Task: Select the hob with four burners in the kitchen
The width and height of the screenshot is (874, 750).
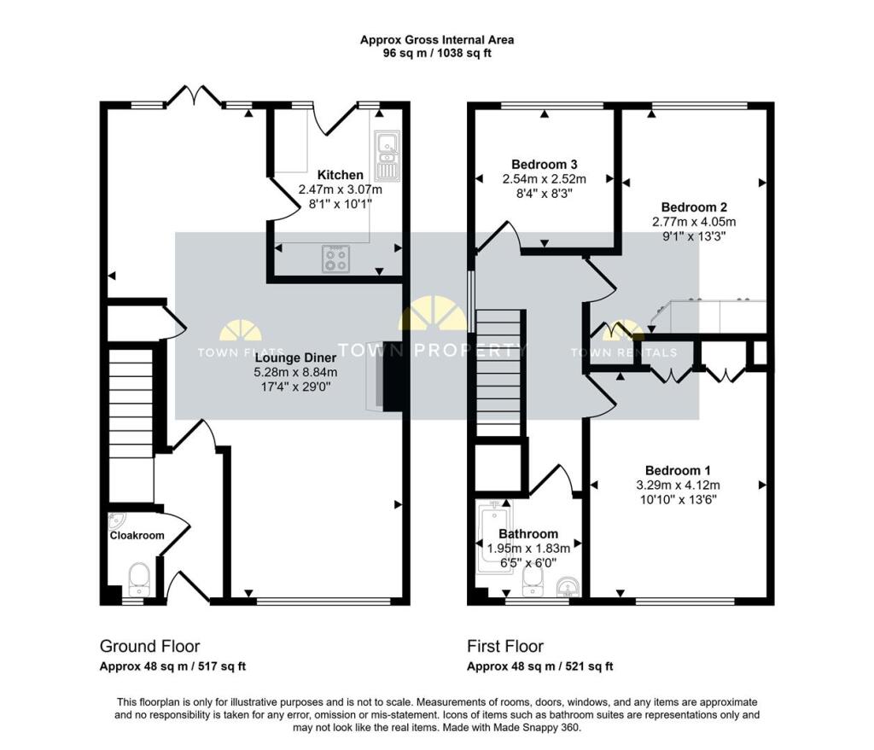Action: click(335, 259)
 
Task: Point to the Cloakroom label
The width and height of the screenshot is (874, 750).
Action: click(136, 536)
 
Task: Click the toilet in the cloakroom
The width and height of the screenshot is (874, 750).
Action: click(137, 579)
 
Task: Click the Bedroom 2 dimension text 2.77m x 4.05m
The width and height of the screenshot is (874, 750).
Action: click(693, 222)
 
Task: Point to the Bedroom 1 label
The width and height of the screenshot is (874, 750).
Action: click(678, 470)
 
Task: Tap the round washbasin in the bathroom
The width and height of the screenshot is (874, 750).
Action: click(567, 586)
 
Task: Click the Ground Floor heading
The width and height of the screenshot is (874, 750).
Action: click(149, 646)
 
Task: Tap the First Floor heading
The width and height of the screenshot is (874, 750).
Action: click(504, 646)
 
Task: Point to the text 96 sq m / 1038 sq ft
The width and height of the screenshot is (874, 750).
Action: click(436, 53)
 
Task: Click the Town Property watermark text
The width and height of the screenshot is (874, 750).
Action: click(433, 350)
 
